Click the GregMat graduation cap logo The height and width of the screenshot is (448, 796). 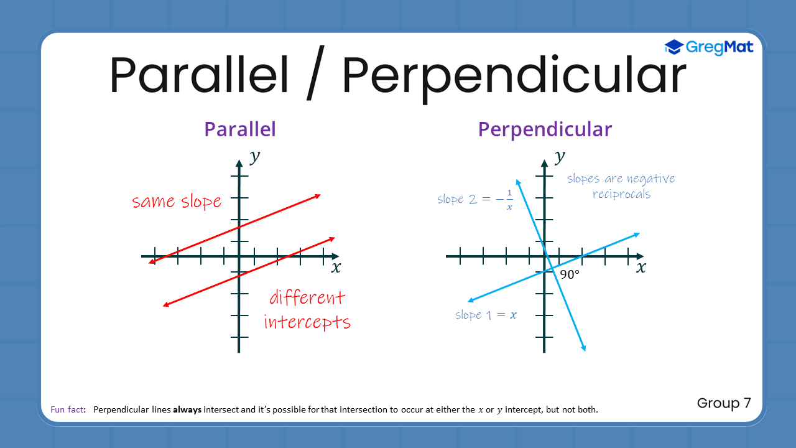point(673,47)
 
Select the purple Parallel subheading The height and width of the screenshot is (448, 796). point(240,129)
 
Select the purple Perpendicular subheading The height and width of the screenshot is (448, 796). point(545,129)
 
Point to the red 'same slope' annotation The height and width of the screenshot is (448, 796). point(177,202)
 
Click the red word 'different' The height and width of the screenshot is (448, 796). point(307,297)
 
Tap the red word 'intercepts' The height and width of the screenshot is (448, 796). point(307,322)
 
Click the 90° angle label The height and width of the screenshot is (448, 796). point(569,274)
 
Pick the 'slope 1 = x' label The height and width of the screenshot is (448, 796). point(486,315)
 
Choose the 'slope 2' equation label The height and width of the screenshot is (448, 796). point(475,200)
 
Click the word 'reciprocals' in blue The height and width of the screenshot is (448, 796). point(621,194)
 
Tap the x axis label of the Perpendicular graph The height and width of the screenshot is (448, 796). point(641,268)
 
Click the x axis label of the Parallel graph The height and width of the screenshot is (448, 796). point(336,268)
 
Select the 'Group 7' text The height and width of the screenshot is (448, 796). point(724,403)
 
